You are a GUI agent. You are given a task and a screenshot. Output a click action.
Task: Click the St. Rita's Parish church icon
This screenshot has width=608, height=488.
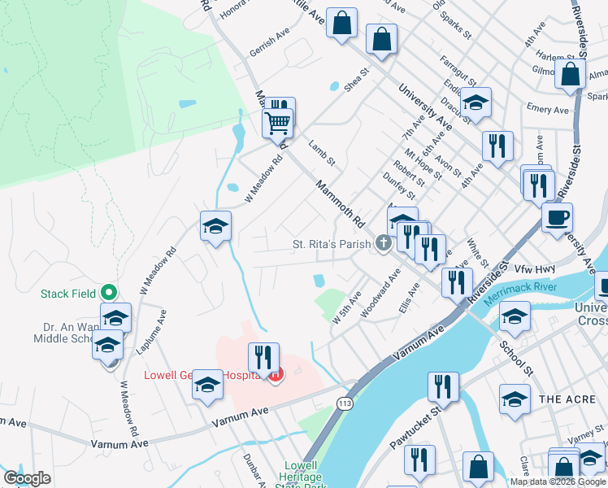(383, 244)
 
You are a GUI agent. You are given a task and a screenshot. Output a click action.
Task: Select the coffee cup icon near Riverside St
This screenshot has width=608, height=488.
(558, 218)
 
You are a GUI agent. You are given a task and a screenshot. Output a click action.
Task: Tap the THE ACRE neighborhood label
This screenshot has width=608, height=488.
(562, 399)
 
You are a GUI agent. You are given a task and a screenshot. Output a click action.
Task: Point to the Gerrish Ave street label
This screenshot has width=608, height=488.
(270, 50)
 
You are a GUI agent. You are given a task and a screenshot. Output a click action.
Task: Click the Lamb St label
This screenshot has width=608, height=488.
(322, 154)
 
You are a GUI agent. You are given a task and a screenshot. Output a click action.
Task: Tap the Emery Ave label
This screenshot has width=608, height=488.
(547, 109)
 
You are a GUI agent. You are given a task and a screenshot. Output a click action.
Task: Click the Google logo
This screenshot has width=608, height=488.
(27, 478)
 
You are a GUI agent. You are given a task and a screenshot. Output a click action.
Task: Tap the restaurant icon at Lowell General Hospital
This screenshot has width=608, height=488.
(263, 358)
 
